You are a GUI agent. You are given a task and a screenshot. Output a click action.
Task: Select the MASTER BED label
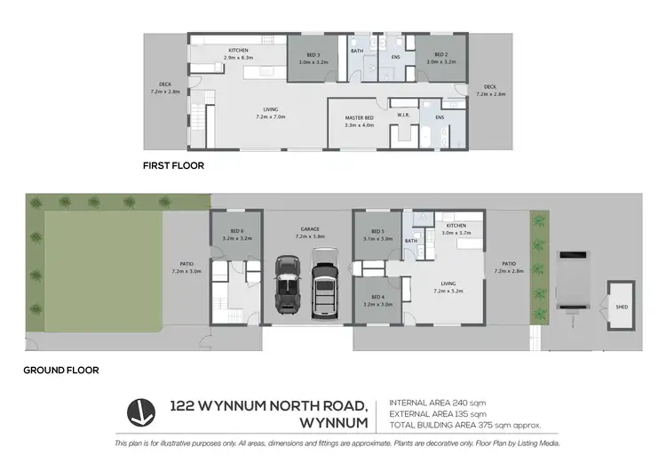click(x=359, y=121)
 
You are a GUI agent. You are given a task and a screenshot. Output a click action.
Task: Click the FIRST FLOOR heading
click(x=174, y=165)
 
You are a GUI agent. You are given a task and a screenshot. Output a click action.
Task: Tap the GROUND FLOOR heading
click(x=61, y=370)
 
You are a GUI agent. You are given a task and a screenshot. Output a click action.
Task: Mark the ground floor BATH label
click(x=411, y=241)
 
